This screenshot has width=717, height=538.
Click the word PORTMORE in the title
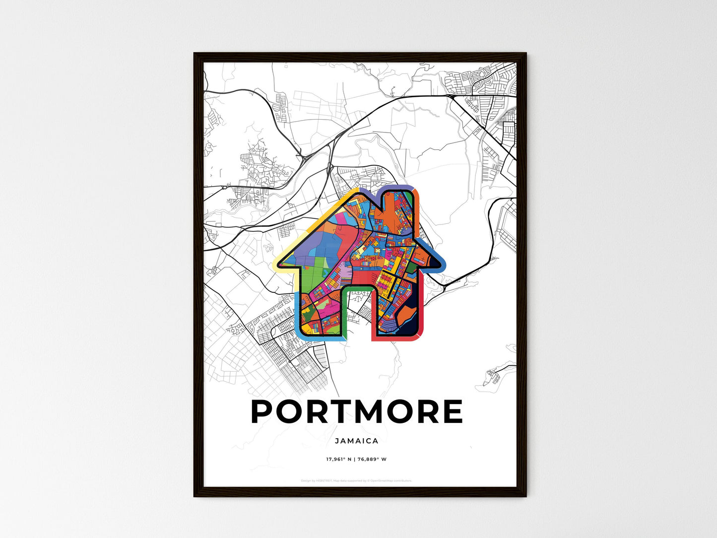[x=357, y=411]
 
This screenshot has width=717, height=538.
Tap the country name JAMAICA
[x=356, y=441]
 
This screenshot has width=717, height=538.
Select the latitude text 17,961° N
[x=338, y=459]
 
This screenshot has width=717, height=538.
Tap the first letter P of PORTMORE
[x=263, y=411]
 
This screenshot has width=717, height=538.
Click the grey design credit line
[x=356, y=480]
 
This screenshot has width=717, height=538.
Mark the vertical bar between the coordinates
[x=354, y=459]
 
